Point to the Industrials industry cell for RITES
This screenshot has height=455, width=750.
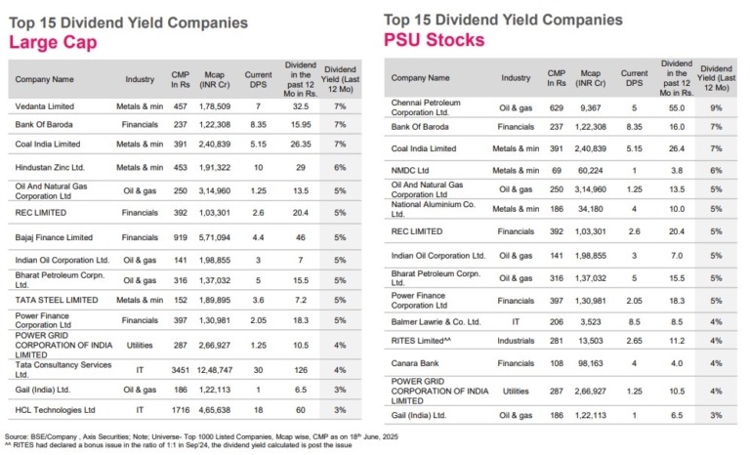pyautogui.click(x=517, y=341)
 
